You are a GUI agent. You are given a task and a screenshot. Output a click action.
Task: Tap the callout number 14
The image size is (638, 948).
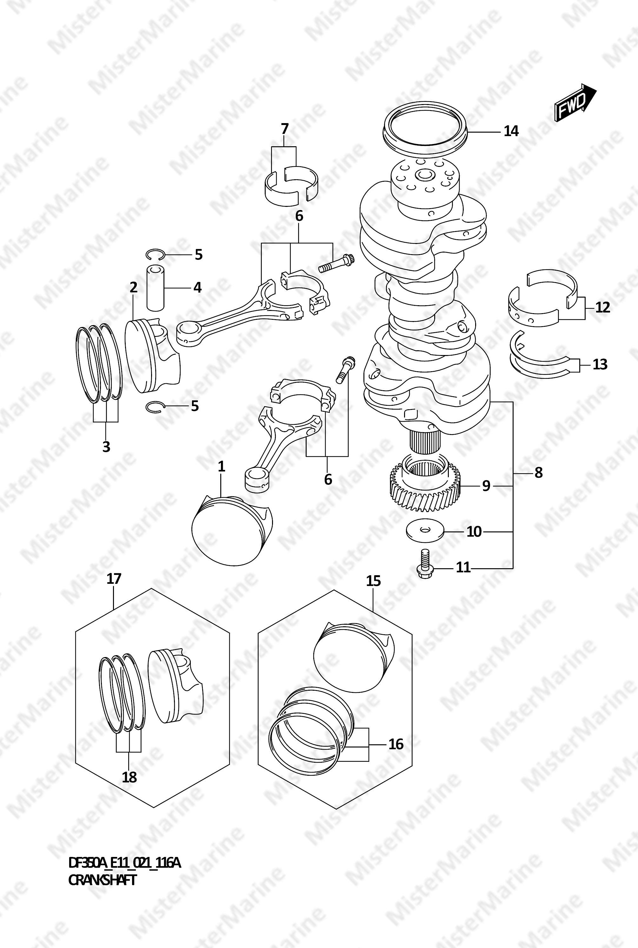511,131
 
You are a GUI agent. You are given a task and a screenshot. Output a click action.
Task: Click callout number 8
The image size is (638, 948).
539,473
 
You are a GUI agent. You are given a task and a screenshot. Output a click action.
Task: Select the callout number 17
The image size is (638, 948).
114,578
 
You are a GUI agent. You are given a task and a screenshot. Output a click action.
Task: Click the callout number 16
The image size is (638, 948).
395,744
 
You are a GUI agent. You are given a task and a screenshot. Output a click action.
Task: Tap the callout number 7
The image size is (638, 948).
284,129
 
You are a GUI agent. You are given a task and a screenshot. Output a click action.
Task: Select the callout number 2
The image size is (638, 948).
133,287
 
